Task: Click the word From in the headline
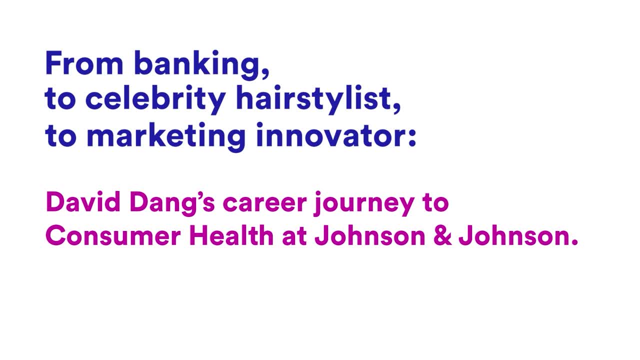click(84, 63)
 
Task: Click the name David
click(83, 202)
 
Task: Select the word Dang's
click(171, 204)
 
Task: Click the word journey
click(364, 204)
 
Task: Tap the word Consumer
click(113, 236)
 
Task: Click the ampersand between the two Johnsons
click(442, 236)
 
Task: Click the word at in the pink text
click(294, 237)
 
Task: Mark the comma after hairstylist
click(396, 107)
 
